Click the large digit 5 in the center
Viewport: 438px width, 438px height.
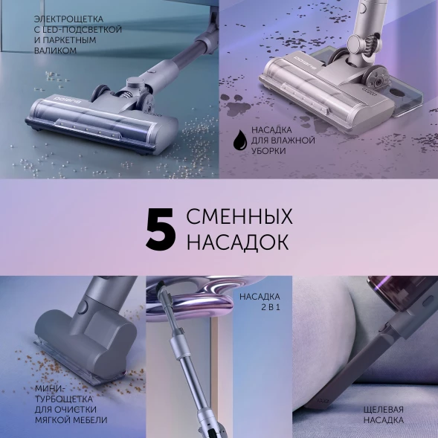[160, 231]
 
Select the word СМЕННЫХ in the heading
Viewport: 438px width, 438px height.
[239, 218]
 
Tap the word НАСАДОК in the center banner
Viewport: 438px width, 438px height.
[237, 243]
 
